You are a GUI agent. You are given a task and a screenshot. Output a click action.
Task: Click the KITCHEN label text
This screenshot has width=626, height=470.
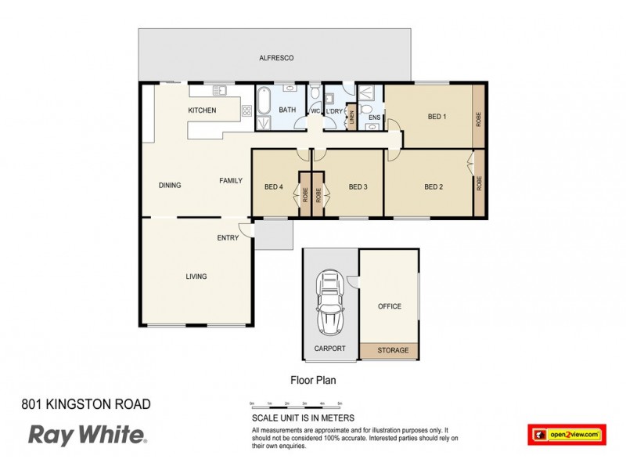click(x=202, y=110)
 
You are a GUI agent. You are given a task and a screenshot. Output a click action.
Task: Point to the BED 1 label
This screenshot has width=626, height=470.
click(x=437, y=117)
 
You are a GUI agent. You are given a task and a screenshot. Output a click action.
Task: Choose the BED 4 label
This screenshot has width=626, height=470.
click(x=273, y=186)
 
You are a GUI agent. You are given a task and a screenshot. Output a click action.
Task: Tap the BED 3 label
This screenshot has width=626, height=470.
click(x=358, y=186)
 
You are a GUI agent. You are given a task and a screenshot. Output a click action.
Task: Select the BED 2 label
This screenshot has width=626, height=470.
click(x=434, y=186)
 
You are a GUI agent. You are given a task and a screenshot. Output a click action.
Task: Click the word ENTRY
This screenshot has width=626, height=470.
click(x=228, y=238)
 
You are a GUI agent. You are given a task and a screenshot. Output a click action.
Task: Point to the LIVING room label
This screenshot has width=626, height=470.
click(x=196, y=276)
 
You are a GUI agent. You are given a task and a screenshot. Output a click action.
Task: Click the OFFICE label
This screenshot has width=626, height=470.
click(x=389, y=306)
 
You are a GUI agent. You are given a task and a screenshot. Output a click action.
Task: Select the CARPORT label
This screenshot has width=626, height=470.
click(x=329, y=349)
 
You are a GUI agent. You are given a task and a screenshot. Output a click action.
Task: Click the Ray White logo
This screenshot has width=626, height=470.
click(x=86, y=435)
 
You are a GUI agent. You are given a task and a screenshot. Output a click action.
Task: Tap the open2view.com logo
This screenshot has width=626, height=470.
click(x=567, y=433)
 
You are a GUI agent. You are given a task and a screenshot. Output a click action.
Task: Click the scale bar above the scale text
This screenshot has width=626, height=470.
click(x=296, y=407)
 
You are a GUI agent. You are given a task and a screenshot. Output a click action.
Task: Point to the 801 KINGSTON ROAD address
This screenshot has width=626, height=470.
click(x=85, y=405)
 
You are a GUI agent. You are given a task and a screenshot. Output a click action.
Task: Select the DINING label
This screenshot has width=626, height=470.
click(x=170, y=186)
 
